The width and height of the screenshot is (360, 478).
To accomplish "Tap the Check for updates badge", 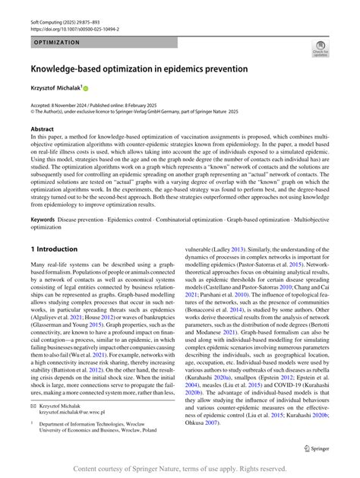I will [321, 49].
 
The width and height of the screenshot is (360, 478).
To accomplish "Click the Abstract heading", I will [43, 130].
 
